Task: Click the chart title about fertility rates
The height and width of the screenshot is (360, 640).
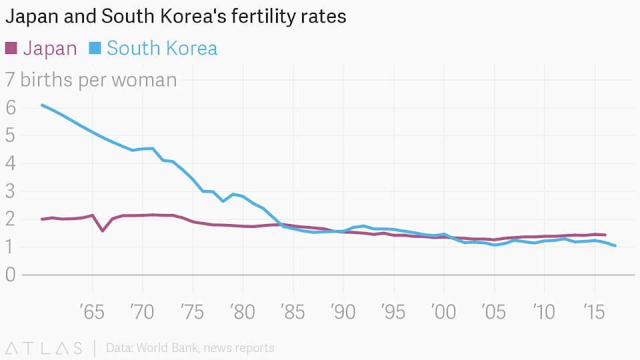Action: [x=176, y=16]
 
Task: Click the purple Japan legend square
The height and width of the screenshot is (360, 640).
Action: [x=11, y=48]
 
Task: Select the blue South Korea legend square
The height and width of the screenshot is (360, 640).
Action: [x=95, y=48]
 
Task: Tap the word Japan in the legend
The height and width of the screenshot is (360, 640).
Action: [x=50, y=49]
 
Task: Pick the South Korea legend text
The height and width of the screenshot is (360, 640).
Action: [x=162, y=49]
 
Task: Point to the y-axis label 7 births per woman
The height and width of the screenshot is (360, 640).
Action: [x=91, y=80]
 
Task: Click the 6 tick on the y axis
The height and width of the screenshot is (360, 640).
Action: [x=10, y=107]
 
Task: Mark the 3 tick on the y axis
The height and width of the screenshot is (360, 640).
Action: [x=10, y=191]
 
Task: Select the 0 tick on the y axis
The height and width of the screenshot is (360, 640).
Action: [x=10, y=275]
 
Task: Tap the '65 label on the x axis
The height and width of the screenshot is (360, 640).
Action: [x=92, y=312]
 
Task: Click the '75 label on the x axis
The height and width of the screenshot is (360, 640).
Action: [x=193, y=312]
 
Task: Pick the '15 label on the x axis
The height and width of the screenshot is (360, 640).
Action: [x=594, y=312]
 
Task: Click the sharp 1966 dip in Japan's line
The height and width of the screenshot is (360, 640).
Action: [x=102, y=231]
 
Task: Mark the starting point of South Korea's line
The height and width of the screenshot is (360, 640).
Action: [x=42, y=105]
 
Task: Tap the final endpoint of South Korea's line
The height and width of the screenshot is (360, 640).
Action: [x=615, y=246]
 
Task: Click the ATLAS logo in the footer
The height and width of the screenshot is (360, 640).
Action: [x=44, y=348]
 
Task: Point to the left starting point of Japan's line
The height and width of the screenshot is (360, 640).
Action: [x=42, y=219]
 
